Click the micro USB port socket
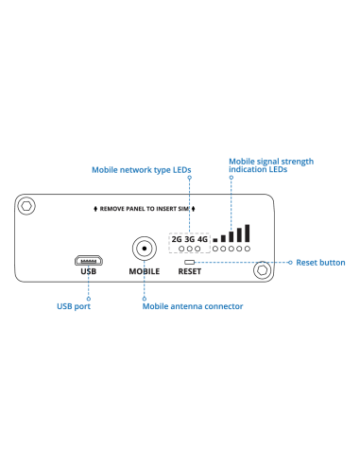(88, 259)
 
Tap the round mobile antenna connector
(144, 250)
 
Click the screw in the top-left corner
(28, 205)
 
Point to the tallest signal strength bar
(247, 232)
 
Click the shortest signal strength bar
(215, 239)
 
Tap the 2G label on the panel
(176, 239)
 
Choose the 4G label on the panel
(202, 239)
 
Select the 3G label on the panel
(189, 239)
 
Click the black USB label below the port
(88, 272)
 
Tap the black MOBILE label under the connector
(144, 272)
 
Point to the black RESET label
(190, 272)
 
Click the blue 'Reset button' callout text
(320, 262)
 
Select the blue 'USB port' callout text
(74, 306)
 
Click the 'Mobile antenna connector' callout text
(193, 306)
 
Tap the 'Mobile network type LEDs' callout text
(142, 171)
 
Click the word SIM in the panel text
(182, 207)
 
